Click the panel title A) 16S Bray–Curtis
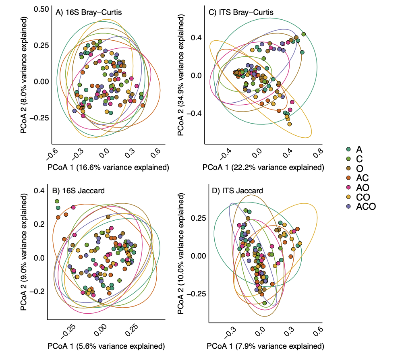click(x=89, y=12)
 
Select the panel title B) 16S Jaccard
click(x=79, y=190)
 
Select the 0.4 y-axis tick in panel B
click(x=39, y=191)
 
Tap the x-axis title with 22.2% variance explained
click(x=263, y=167)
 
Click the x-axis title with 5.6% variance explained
click(x=106, y=346)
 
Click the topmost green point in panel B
click(x=57, y=201)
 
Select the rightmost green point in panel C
click(x=303, y=34)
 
